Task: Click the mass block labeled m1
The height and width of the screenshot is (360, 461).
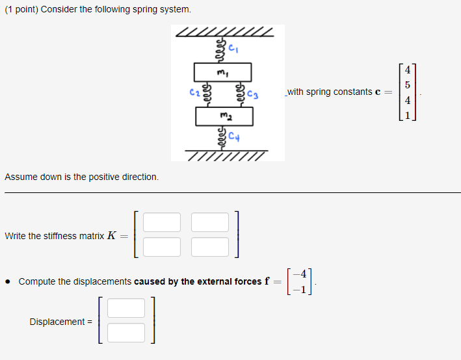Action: tap(222, 71)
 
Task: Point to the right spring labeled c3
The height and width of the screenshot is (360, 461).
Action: tap(241, 93)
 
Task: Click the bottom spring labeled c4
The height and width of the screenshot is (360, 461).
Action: tap(222, 137)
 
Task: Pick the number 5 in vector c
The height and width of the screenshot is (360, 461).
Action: tap(407, 84)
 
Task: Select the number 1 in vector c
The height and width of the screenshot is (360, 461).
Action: tap(407, 116)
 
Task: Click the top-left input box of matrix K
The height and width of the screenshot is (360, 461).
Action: tap(162, 222)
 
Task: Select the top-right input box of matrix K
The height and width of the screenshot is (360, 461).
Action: tap(210, 222)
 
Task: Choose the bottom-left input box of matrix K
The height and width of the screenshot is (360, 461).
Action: tap(162, 247)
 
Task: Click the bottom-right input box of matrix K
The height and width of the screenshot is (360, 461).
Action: tap(210, 247)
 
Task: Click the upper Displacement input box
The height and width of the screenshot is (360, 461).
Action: tap(126, 308)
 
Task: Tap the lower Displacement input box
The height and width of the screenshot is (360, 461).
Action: tap(126, 333)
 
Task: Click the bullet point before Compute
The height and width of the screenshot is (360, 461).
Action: tap(7, 282)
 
